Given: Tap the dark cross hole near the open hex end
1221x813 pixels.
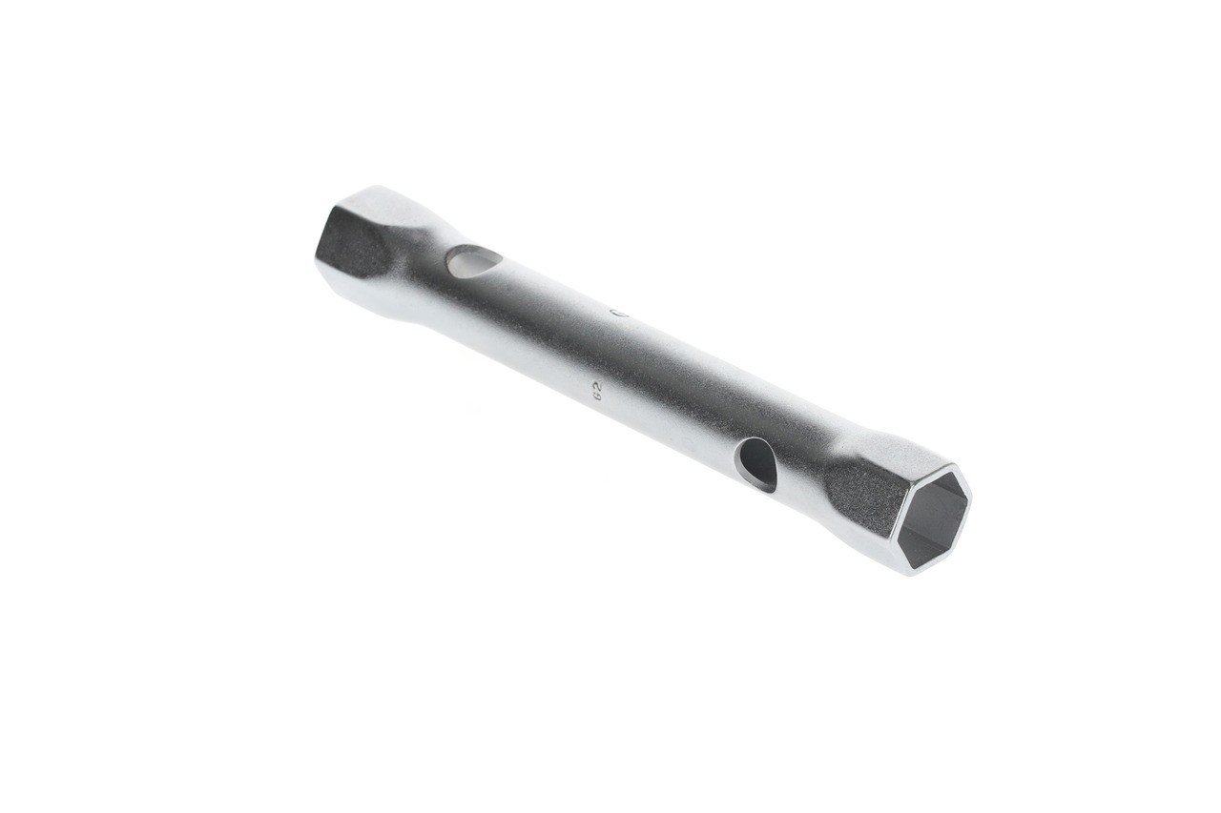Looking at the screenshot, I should [x=756, y=463].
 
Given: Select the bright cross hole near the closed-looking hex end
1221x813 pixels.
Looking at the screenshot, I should [x=474, y=260].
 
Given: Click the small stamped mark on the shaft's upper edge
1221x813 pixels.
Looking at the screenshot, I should [x=615, y=310].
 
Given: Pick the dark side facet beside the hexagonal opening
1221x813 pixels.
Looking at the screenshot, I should [x=859, y=496].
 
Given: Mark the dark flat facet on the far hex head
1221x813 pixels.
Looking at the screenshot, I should [x=351, y=243].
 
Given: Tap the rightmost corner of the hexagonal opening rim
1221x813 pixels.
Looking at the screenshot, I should [x=971, y=497].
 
